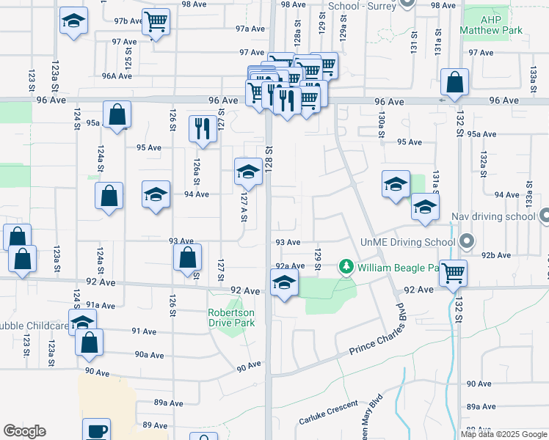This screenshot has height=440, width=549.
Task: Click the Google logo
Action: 24,431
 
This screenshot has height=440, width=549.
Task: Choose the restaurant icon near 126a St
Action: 201,128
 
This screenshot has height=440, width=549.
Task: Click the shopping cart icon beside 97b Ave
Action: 155,22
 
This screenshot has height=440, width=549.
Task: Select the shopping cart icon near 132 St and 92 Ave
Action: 454,272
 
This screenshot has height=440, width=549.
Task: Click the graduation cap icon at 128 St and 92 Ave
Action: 283,282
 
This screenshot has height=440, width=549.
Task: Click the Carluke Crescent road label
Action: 328,413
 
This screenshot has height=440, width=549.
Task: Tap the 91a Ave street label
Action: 101,305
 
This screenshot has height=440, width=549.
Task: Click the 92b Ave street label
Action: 497,255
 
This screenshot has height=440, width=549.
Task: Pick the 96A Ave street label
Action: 117,76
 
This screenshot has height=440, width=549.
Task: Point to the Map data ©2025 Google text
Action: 503,434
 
